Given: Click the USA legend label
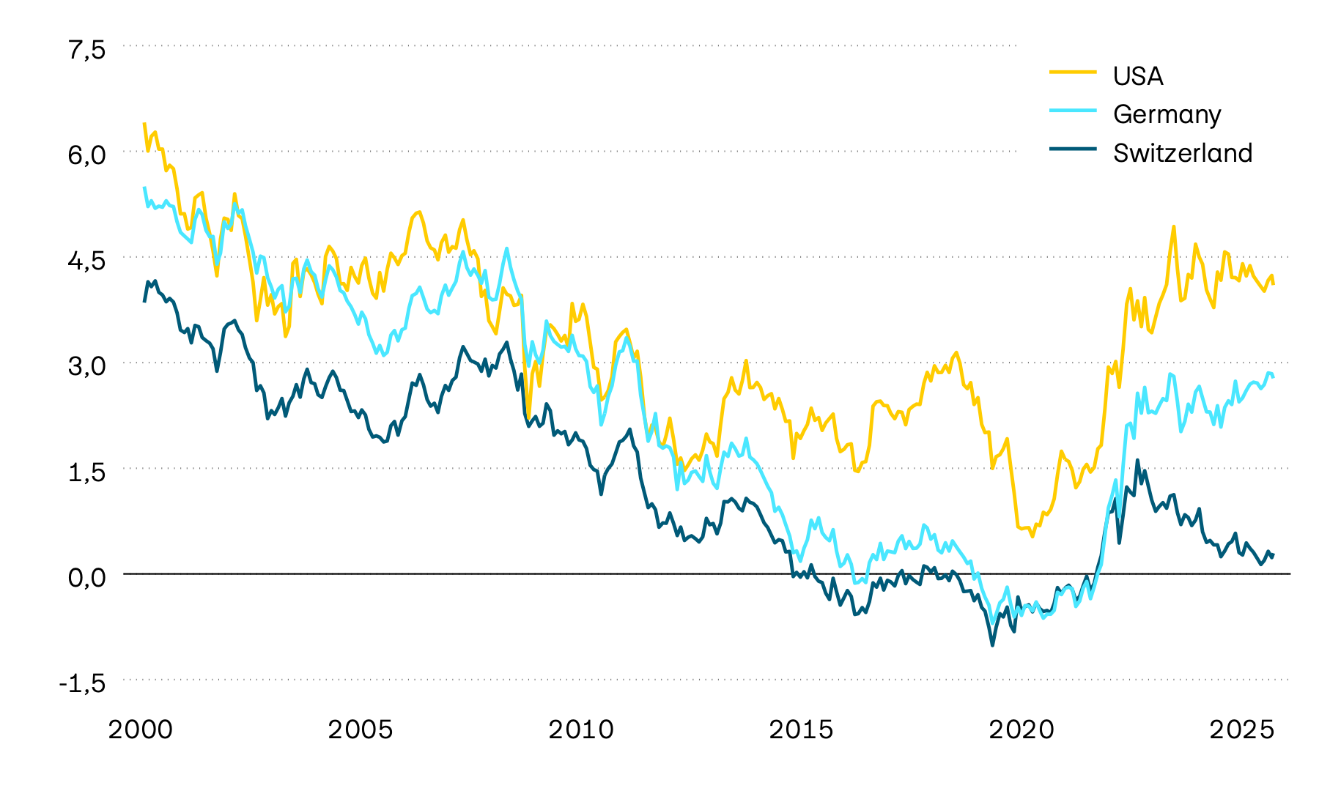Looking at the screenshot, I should click(1137, 76).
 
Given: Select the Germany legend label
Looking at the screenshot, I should click(1167, 114).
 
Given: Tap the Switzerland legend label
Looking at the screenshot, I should click(1182, 153).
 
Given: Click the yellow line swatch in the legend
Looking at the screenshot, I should click(1073, 73).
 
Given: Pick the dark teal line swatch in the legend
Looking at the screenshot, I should click(1073, 149).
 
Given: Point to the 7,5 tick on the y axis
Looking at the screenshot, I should click(87, 51).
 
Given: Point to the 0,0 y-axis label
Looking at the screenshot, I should click(87, 578).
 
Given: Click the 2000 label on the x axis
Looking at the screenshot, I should click(141, 730).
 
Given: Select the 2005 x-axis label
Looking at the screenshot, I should click(361, 730).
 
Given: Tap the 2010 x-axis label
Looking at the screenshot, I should click(581, 730).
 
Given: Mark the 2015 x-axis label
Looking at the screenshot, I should click(801, 730).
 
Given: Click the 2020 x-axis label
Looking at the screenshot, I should click(1021, 730).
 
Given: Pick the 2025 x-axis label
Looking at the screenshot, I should click(1241, 730).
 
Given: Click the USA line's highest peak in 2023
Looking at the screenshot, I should click(1173, 227).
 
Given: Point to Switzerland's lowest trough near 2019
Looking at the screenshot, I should click(992, 645).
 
